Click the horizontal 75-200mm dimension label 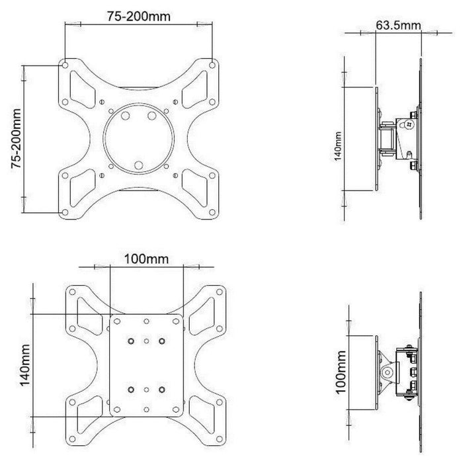(138, 17)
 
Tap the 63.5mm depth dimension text (398, 26)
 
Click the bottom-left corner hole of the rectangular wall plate (116, 409)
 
